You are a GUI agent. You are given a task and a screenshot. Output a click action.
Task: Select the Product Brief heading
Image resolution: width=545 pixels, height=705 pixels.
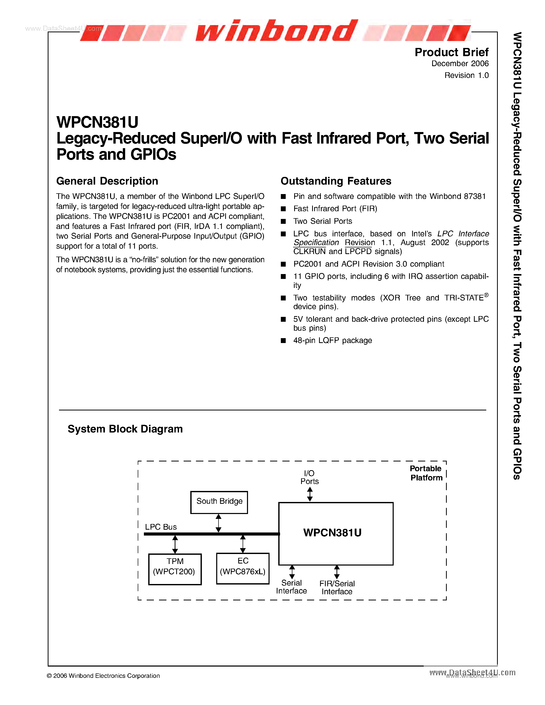click(451, 52)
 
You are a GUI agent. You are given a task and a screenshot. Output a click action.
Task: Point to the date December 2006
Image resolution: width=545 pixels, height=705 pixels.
click(460, 64)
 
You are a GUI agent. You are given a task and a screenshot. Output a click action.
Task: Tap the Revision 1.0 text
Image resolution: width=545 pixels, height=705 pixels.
click(466, 75)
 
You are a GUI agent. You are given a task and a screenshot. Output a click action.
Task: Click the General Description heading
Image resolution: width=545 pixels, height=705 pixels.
click(107, 181)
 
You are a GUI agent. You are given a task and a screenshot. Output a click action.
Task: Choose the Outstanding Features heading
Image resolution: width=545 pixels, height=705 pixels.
click(336, 181)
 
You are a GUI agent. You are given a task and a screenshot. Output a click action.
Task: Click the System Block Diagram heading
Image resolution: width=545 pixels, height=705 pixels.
click(125, 429)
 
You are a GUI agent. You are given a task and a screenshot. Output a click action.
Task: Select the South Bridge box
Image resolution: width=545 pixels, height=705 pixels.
click(219, 502)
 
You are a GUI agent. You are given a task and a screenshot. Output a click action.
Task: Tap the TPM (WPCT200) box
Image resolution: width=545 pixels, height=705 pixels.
click(175, 569)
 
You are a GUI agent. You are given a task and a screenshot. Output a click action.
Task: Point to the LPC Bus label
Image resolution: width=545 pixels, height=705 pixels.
click(161, 527)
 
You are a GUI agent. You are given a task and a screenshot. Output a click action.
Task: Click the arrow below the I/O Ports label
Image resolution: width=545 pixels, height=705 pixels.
click(310, 494)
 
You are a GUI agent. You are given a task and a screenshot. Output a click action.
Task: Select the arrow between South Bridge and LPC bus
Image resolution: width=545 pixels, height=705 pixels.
click(219, 523)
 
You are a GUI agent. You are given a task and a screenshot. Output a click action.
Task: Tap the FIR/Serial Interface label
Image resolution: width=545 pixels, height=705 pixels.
click(337, 588)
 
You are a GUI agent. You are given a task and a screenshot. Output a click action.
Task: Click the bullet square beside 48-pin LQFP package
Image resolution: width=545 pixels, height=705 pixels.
click(283, 340)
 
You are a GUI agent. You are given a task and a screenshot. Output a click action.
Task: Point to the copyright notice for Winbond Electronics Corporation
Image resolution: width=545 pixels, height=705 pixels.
click(103, 676)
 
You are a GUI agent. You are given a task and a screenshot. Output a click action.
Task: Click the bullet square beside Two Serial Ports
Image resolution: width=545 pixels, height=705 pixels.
click(283, 221)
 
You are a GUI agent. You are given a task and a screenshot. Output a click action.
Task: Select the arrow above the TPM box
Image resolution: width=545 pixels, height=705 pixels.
click(175, 544)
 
